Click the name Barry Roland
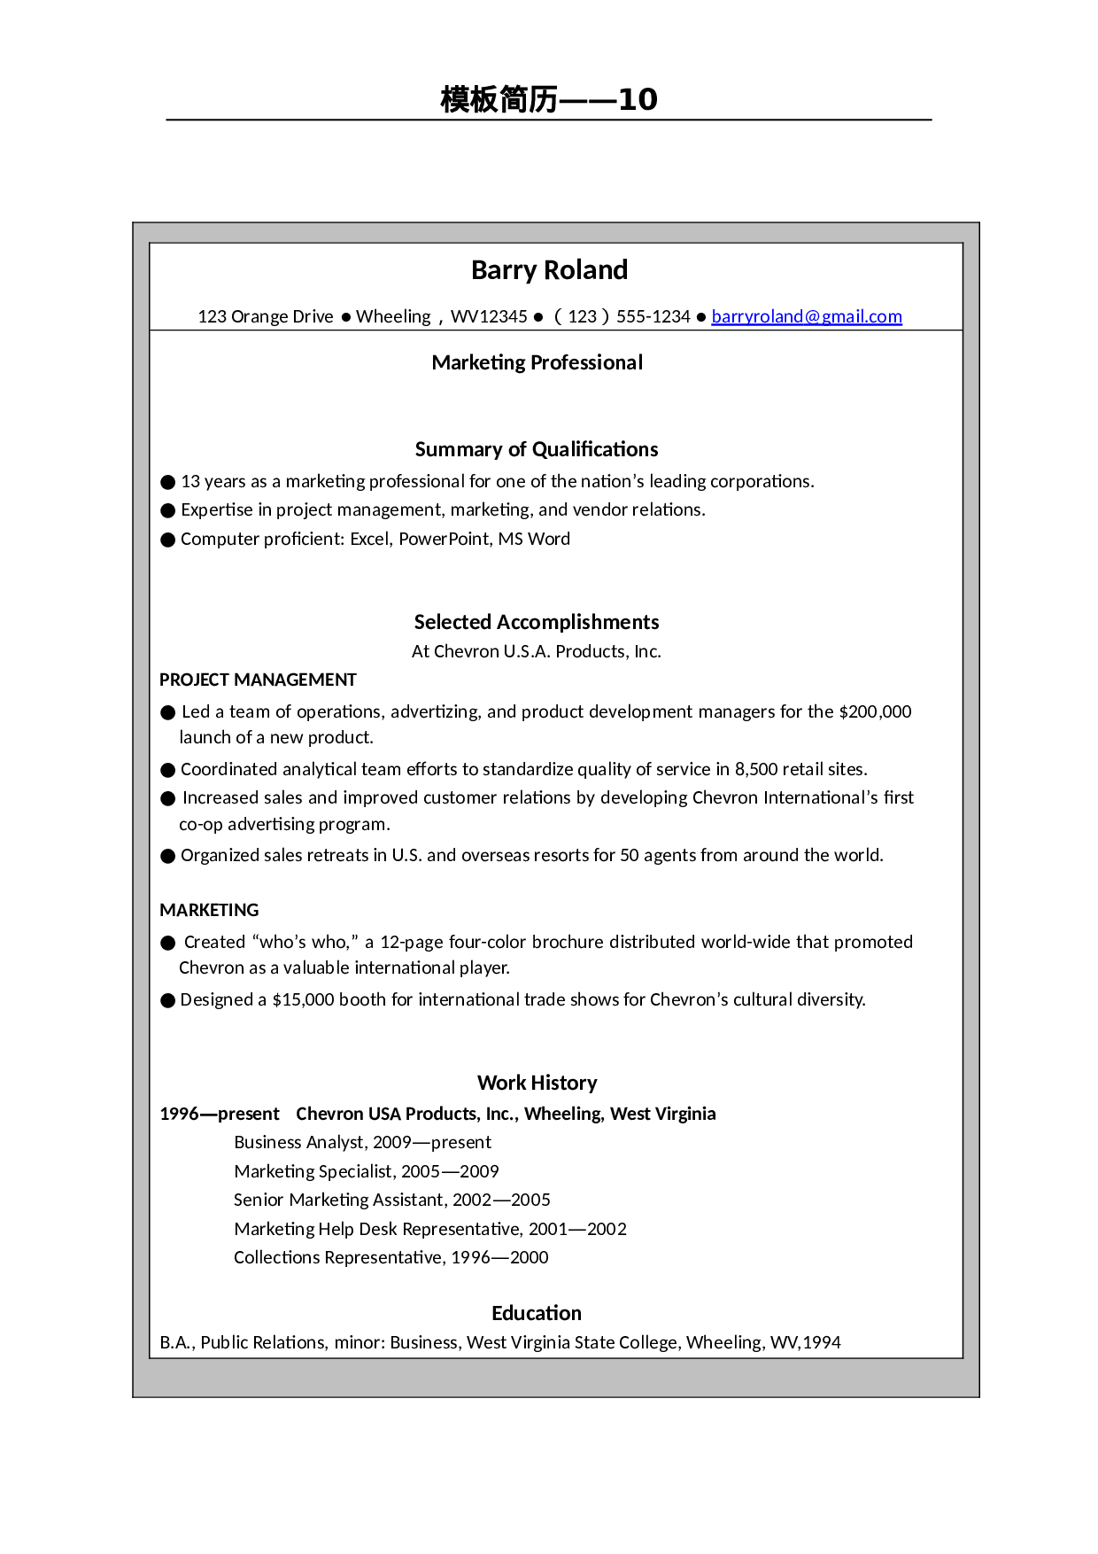(549, 270)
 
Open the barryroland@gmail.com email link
(806, 316)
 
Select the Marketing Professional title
(537, 362)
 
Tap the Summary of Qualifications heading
(537, 449)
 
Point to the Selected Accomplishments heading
(537, 622)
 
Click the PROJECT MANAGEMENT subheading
(258, 680)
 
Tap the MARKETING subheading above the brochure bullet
(209, 910)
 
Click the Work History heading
(537, 1083)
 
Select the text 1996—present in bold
(220, 1114)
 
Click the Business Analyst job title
(298, 1142)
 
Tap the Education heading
(537, 1313)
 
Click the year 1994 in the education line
(821, 1342)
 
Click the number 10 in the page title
(638, 99)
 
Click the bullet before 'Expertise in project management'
(168, 510)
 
